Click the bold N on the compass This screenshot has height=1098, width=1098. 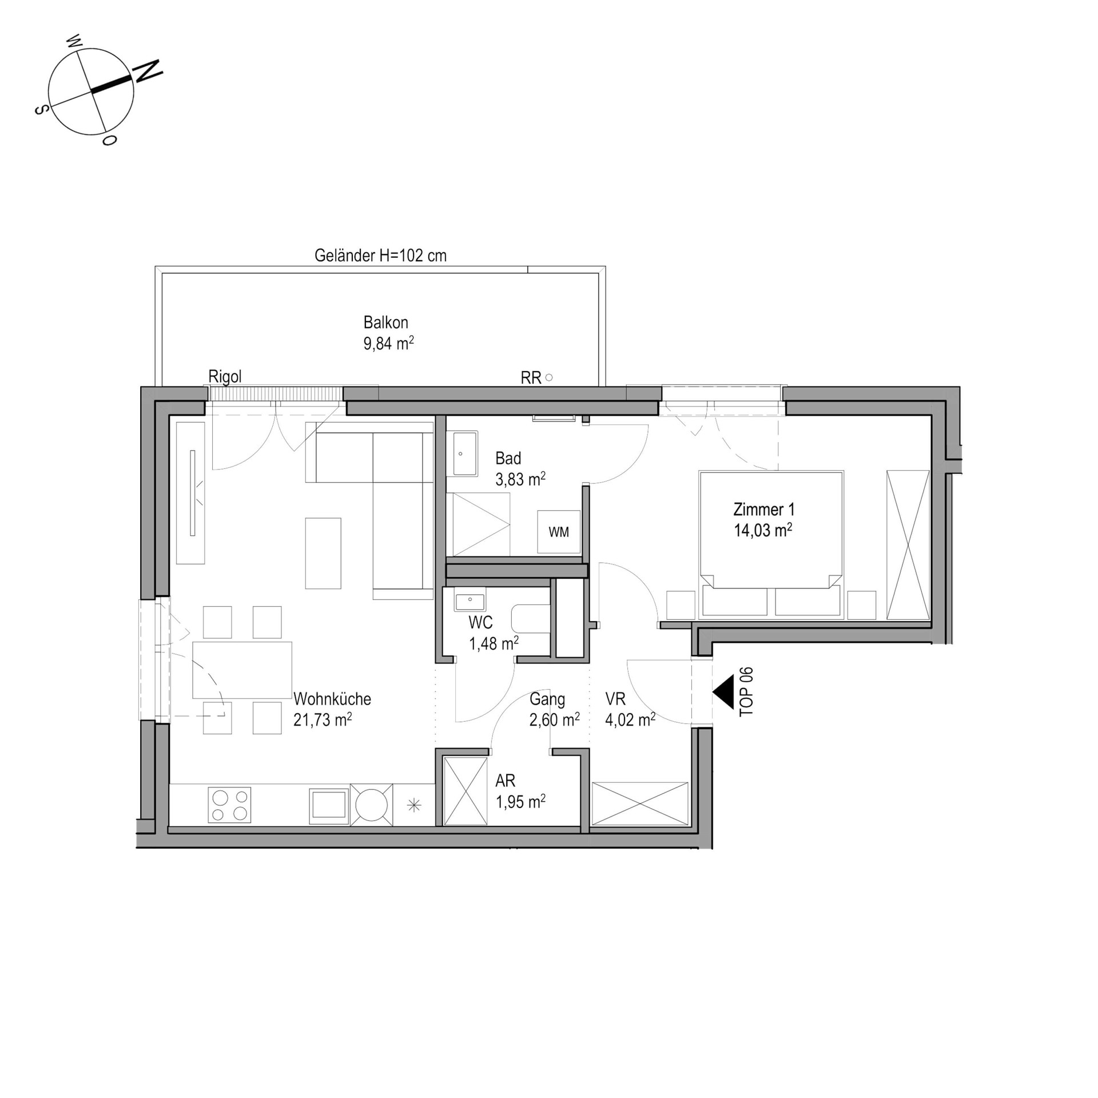click(148, 70)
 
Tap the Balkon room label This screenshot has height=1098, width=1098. click(386, 323)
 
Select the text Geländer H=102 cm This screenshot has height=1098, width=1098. click(380, 256)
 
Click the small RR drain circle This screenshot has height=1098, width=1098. click(549, 377)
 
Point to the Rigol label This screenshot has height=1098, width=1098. click(225, 376)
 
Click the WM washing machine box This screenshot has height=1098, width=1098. click(559, 532)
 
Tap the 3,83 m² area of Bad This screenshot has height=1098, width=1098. click(520, 479)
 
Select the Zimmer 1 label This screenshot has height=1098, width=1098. click(764, 509)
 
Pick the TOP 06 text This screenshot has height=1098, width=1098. click(746, 691)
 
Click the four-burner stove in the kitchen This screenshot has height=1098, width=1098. click(229, 805)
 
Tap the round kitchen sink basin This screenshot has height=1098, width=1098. click(372, 805)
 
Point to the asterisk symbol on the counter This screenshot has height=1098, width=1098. click(414, 806)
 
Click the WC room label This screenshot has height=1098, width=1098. click(480, 622)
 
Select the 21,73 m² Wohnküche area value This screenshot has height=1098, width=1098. click(323, 720)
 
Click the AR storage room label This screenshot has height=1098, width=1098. click(506, 781)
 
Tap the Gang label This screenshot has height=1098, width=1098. click(547, 699)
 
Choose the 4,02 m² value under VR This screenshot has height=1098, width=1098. click(630, 720)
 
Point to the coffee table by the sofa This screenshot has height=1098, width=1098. click(323, 553)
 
